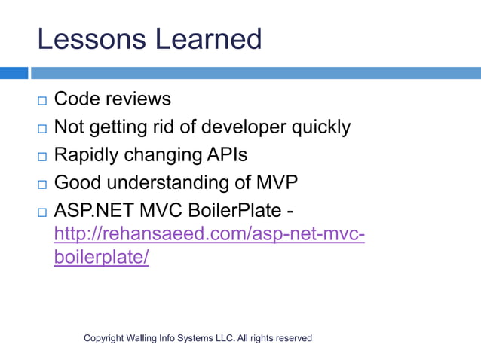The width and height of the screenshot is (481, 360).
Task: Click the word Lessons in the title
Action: click(85, 38)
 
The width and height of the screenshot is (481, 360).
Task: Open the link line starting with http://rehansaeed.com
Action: click(210, 234)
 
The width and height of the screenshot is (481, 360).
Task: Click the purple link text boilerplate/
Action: click(102, 257)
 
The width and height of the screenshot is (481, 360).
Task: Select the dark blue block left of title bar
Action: click(14, 73)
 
